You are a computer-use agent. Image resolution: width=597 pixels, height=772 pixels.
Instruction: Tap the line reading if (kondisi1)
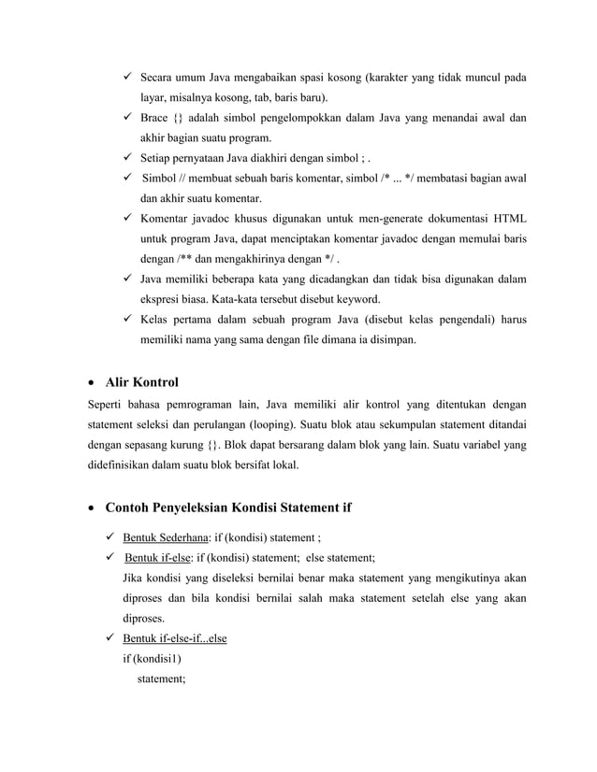tap(151, 659)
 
